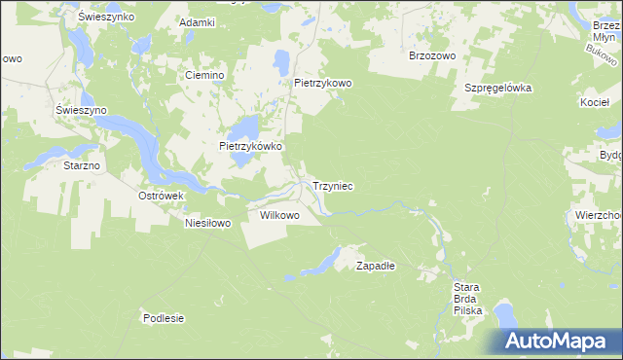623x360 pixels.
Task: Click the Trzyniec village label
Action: coord(333,185)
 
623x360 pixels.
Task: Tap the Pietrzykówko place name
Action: coord(250,146)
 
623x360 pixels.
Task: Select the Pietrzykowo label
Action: coord(322,84)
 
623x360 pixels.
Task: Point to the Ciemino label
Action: coord(205,75)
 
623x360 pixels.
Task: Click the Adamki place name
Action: coord(198,20)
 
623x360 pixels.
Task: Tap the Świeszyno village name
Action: coord(81,110)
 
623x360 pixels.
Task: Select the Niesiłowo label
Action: coord(207,223)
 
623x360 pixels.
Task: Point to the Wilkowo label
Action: coord(279,214)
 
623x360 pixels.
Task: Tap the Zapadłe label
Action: coord(375,265)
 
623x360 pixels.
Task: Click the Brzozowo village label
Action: coord(432,55)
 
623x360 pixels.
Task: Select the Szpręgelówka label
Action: coord(496,87)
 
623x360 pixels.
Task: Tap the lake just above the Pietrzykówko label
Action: coord(245,126)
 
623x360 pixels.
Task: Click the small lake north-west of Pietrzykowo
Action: coord(282,61)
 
